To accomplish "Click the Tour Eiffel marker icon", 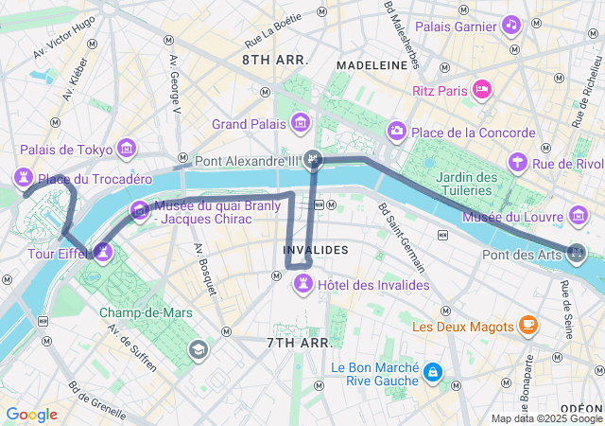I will [102, 252].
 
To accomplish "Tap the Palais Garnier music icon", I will [511, 24].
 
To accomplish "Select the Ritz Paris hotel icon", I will [482, 90].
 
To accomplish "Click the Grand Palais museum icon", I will [301, 123].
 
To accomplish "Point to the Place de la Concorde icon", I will [398, 132].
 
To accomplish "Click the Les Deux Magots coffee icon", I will [527, 326].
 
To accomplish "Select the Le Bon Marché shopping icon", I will [432, 372].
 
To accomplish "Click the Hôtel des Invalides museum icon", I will [303, 285].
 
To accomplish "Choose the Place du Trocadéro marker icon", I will [23, 178].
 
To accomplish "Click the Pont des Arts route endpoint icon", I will [576, 253].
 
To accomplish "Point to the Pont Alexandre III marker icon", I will [316, 160].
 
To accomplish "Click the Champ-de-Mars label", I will [152, 312].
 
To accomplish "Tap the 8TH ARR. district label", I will [274, 60].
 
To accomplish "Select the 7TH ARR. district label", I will [298, 342].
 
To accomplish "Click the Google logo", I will [31, 415].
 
